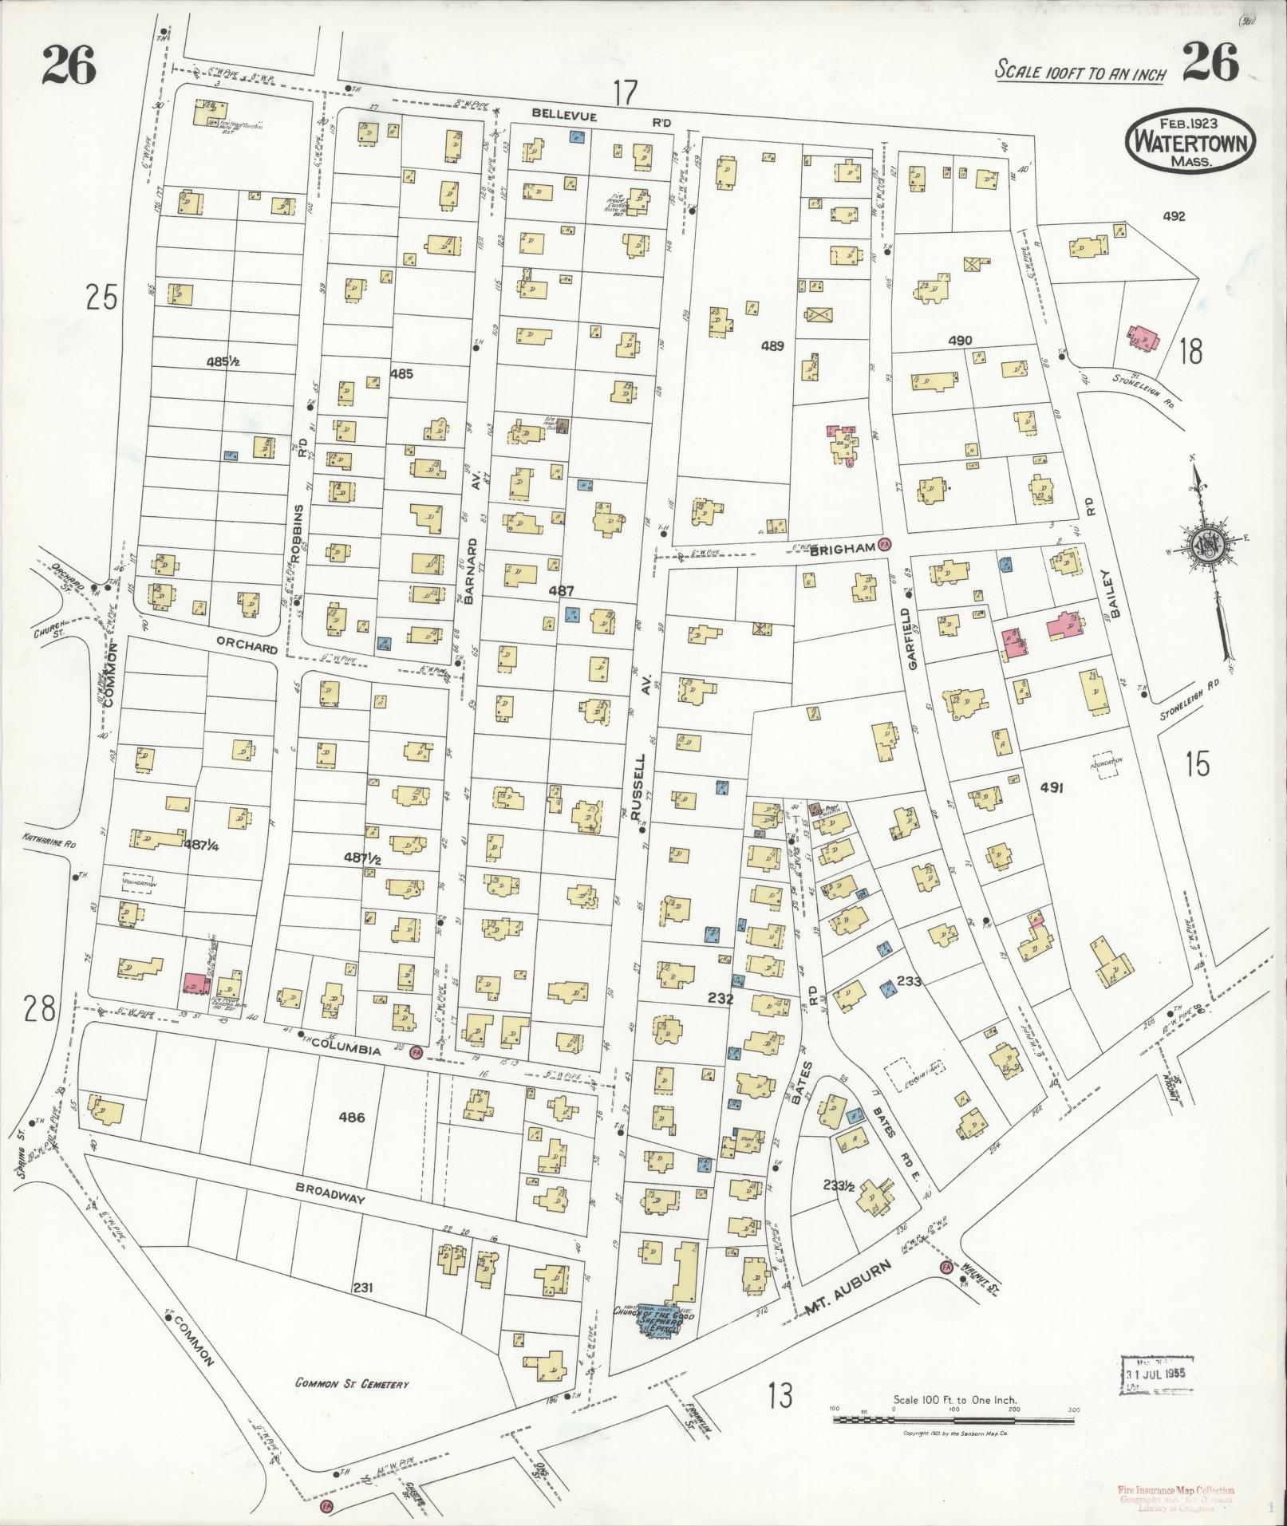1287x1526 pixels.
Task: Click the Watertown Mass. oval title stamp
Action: pos(1190,140)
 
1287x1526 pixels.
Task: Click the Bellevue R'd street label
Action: pos(593,116)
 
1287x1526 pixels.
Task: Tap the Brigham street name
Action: pos(841,550)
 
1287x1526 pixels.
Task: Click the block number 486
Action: pos(351,1118)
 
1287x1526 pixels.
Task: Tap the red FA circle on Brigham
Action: pos(884,546)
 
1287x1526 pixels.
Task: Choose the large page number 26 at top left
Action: pos(69,65)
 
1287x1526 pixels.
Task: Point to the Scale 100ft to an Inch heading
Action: pos(1080,73)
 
